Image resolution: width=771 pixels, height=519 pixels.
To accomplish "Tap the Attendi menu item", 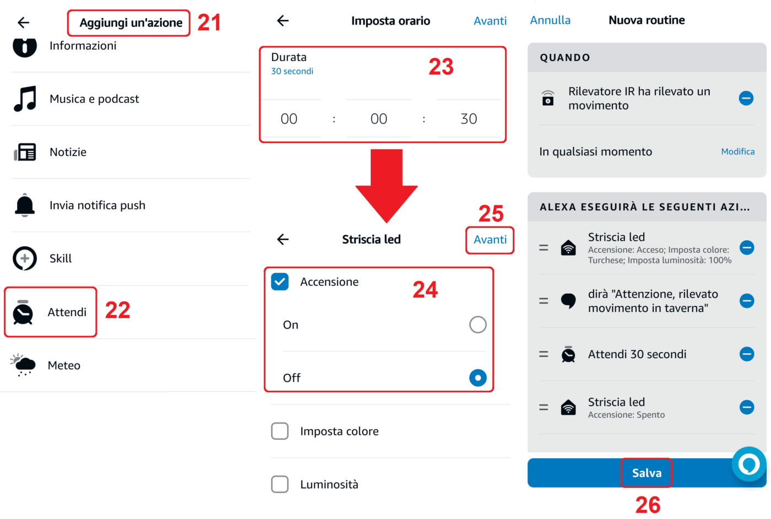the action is coord(67,312).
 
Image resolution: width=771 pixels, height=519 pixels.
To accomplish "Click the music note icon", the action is coord(25,99).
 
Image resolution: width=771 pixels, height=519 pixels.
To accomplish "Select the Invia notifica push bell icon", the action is coord(24,206).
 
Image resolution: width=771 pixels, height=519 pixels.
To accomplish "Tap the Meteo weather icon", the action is coord(23,365).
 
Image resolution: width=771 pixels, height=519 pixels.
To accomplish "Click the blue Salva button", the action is coord(647,473).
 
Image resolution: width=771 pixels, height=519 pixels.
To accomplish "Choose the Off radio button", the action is coord(478,378).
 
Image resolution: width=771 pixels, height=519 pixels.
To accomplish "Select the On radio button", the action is coord(478,325).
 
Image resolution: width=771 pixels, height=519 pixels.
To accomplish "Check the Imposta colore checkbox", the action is coord(280,431).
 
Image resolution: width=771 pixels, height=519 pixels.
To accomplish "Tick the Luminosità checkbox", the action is coord(280,484).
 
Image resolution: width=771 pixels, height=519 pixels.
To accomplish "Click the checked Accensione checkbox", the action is coord(280,282).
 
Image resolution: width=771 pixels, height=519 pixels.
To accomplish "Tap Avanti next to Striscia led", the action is coord(490,240).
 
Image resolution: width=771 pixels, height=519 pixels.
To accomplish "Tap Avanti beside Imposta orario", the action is coord(490,21).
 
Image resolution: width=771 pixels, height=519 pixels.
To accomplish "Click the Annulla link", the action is coord(550,20).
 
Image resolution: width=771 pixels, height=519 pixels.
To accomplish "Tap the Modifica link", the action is coord(737,152).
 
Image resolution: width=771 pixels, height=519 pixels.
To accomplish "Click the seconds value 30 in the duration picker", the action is coord(469,119).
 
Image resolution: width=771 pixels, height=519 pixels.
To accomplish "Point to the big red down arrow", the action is coord(387,186).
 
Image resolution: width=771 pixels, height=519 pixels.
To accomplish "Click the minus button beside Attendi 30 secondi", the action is coord(747,354).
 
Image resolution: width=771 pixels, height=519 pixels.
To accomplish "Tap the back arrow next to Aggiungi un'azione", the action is coord(23,23).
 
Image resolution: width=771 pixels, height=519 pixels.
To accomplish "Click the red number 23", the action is coord(441,67).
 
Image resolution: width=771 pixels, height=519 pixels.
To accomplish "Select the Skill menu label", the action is coord(61,258).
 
